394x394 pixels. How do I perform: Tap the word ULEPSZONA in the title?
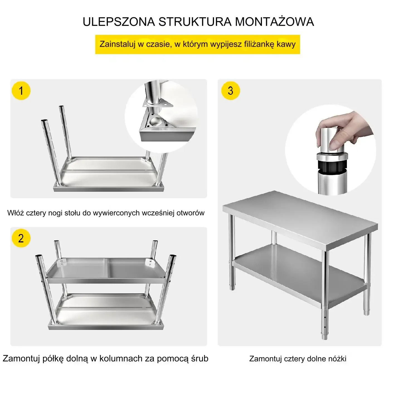pyautogui.click(x=119, y=22)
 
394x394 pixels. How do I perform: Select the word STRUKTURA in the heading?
pyautogui.click(x=195, y=22)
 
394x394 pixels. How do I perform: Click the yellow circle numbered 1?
pyautogui.click(x=21, y=91)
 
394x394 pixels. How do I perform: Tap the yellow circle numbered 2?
pyautogui.click(x=21, y=238)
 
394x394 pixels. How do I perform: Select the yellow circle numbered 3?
pyautogui.click(x=231, y=91)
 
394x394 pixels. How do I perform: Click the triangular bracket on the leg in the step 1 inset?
pyautogui.click(x=158, y=104)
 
